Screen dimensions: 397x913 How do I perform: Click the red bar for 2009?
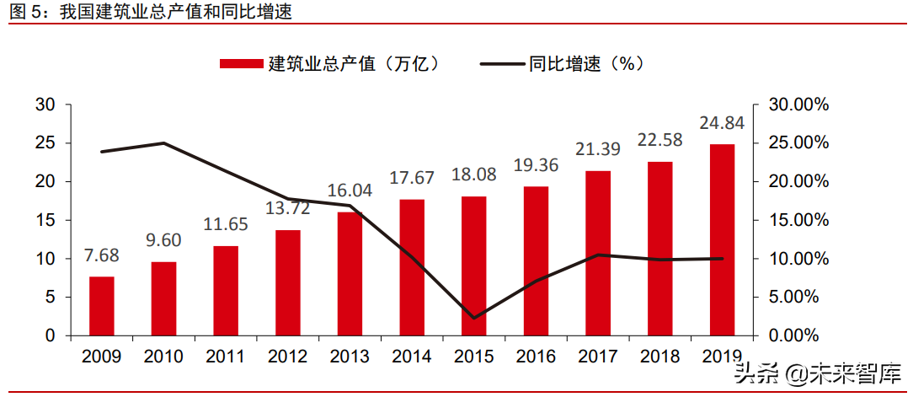tap(102, 306)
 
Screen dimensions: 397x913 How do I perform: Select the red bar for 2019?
tap(722, 240)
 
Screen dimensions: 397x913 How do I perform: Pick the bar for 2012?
tap(288, 282)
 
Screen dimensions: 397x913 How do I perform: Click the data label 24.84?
tap(722, 124)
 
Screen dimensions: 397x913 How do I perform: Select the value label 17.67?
tap(412, 179)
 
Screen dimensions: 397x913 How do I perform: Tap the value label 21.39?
tap(598, 150)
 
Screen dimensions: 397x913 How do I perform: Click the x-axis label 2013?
tap(350, 357)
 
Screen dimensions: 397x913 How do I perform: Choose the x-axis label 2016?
tap(536, 357)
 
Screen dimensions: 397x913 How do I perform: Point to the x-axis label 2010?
tap(163, 357)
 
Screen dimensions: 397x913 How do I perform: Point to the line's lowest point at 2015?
tap(474, 319)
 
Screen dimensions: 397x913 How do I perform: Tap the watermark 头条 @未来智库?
tap(816, 372)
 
